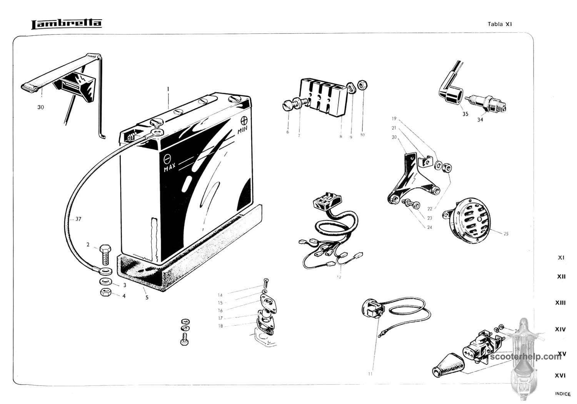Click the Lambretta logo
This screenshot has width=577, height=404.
click(66, 24)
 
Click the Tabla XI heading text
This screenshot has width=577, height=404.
click(500, 24)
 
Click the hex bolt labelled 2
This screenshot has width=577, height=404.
click(106, 254)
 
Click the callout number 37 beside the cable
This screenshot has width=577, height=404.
click(78, 219)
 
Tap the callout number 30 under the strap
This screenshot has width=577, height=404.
click(40, 107)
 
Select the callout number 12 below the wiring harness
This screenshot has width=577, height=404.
click(339, 277)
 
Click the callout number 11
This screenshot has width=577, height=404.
click(370, 374)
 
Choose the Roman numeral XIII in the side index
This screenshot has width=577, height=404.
click(560, 303)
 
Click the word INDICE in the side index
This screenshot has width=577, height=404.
click(563, 394)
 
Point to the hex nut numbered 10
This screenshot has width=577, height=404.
click(362, 85)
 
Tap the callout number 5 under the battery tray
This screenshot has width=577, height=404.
click(147, 297)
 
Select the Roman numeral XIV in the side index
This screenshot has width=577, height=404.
click(560, 329)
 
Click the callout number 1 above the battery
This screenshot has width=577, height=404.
click(168, 89)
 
